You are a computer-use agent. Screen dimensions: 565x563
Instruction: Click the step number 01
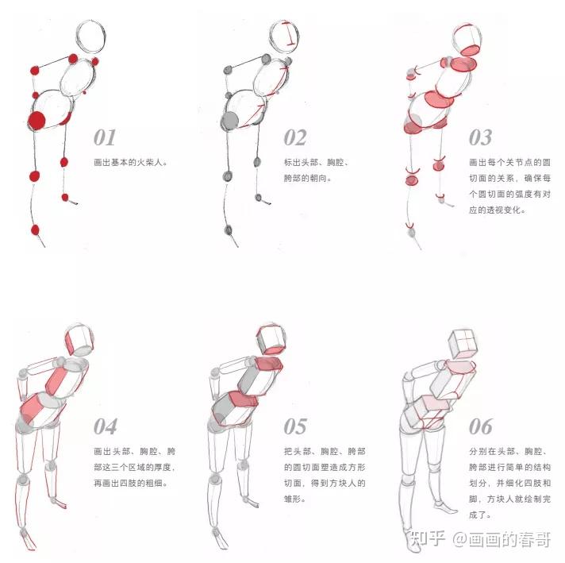pyautogui.click(x=105, y=138)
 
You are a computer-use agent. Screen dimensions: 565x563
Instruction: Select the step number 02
pyautogui.click(x=295, y=138)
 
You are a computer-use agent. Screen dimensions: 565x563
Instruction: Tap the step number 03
pyautogui.click(x=480, y=138)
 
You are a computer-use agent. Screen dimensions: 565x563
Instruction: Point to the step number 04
pyautogui.click(x=106, y=426)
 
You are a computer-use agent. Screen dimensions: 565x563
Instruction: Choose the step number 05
pyautogui.click(x=295, y=426)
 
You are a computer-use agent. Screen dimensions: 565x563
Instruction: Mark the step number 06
pyautogui.click(x=481, y=426)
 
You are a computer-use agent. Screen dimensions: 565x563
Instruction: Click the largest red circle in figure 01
pyautogui.click(x=37, y=121)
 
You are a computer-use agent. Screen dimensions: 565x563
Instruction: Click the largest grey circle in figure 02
pyautogui.click(x=229, y=121)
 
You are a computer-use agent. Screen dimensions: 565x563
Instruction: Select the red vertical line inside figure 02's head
pyautogui.click(x=290, y=33)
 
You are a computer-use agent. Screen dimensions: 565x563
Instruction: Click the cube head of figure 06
pyautogui.click(x=463, y=343)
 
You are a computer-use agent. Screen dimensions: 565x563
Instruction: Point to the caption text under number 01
pyautogui.click(x=131, y=162)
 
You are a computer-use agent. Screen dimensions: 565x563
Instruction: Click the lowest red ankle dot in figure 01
pyautogui.click(x=35, y=229)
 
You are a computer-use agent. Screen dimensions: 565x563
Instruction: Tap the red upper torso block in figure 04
pyautogui.click(x=55, y=381)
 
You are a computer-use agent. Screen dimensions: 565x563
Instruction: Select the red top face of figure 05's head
pyautogui.click(x=271, y=349)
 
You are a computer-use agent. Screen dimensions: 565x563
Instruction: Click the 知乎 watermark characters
pyautogui.click(x=428, y=539)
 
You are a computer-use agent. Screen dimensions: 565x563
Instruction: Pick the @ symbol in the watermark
pyautogui.click(x=460, y=540)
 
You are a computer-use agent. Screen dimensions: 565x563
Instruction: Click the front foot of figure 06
pyautogui.click(x=446, y=507)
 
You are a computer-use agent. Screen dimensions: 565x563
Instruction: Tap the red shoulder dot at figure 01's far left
pyautogui.click(x=35, y=71)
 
